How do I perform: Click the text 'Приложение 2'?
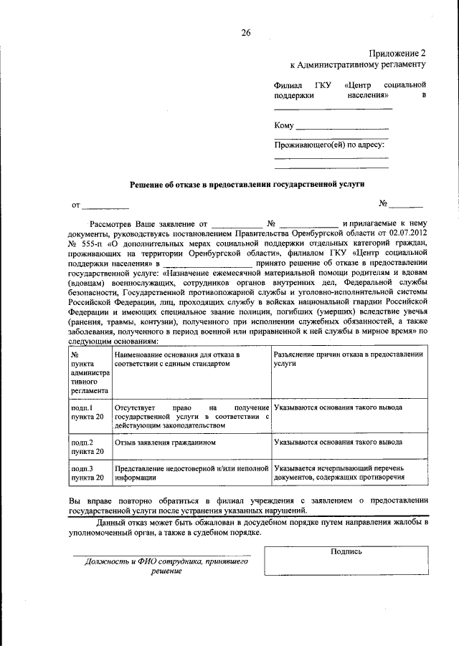coord(397,53)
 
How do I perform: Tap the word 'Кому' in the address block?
coord(284,126)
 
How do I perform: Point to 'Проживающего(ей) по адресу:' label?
coord(331,145)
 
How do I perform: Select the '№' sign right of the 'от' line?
coord(383,203)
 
